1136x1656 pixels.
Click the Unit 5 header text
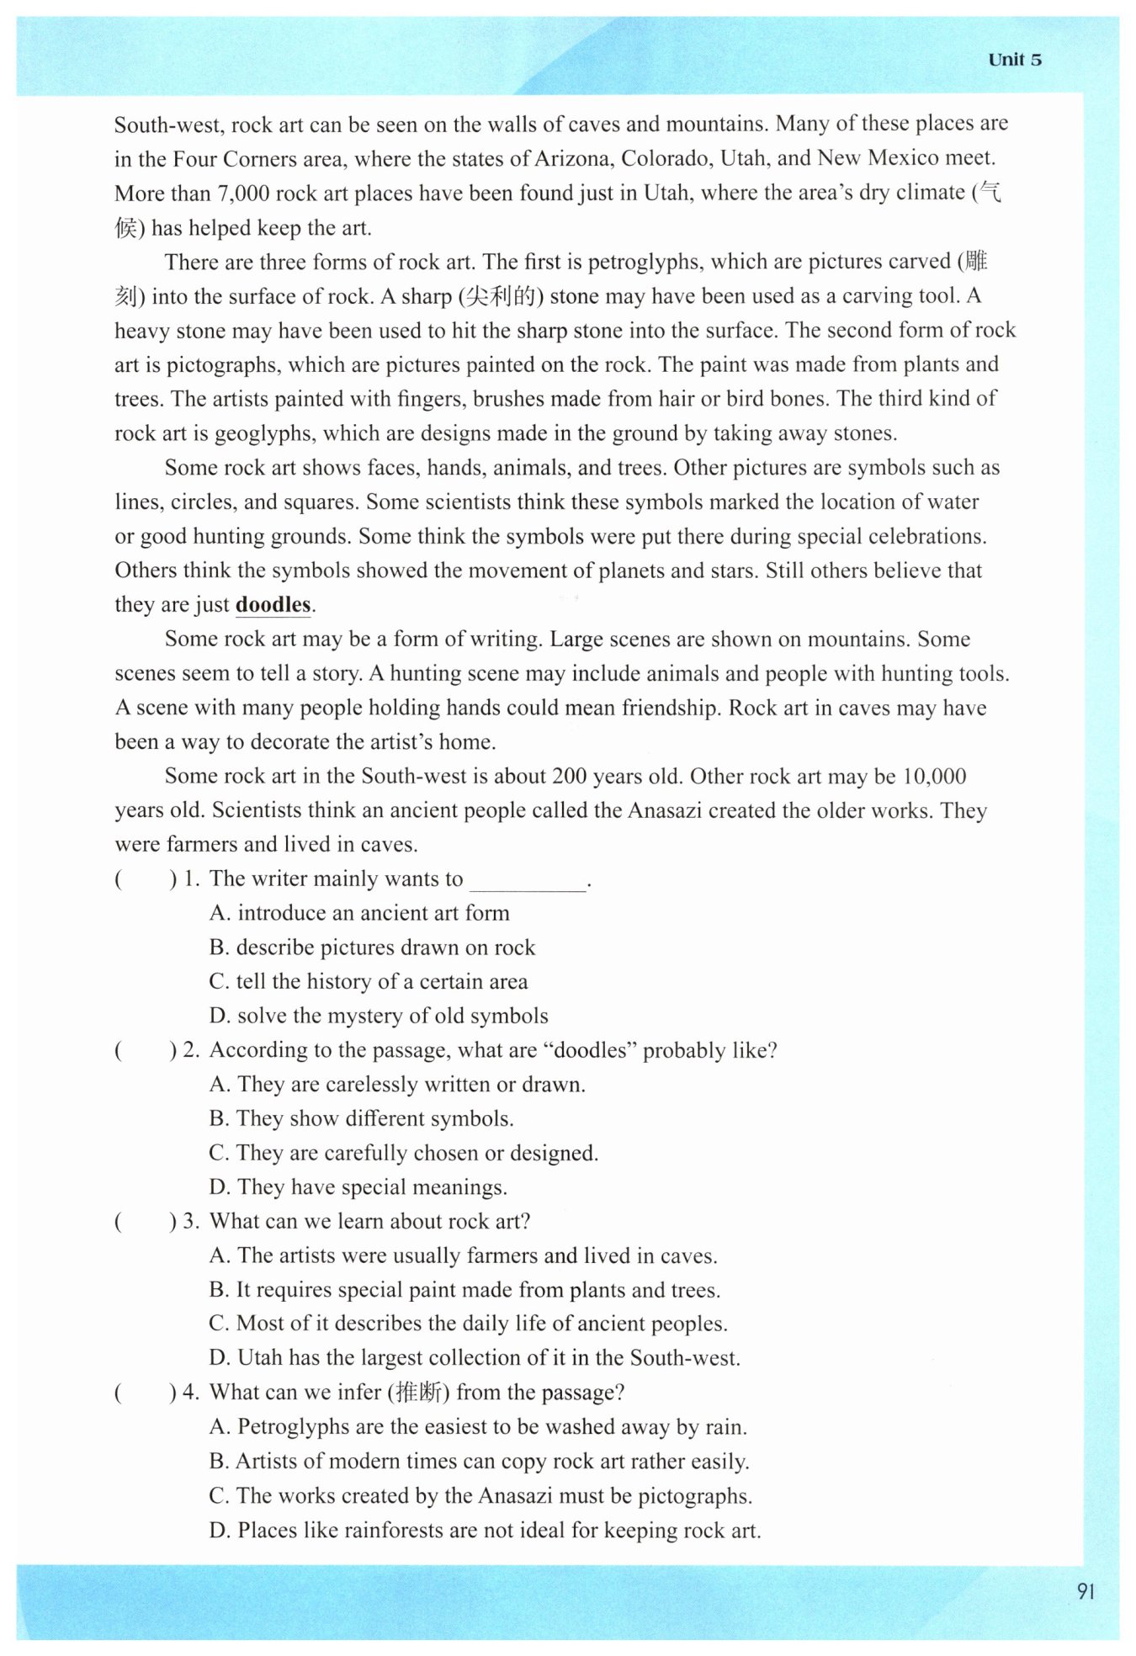[x=1015, y=60]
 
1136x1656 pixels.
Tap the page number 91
[x=1086, y=1590]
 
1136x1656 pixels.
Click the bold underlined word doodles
[x=273, y=605]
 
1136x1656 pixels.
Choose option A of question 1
[x=359, y=913]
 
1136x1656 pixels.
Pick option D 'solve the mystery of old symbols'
[x=379, y=1016]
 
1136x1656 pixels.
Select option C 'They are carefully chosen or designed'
[x=404, y=1153]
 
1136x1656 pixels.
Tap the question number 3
[x=190, y=1222]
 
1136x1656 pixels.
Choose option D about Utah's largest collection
[x=475, y=1358]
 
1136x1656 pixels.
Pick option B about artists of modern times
[x=479, y=1462]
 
